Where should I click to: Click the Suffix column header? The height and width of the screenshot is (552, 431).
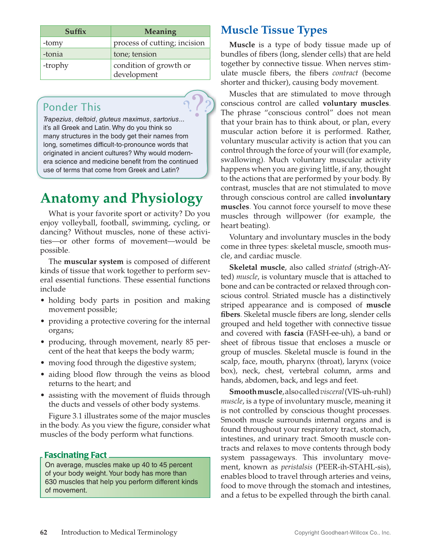click(x=75, y=31)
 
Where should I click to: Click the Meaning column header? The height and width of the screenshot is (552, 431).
click(x=160, y=31)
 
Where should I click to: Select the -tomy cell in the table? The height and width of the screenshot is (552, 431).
click(x=75, y=43)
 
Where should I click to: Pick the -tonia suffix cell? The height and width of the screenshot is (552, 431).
click(x=75, y=54)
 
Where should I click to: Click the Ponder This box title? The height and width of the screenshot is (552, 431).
click(x=72, y=107)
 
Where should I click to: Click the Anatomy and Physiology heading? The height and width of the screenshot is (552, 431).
click(x=122, y=198)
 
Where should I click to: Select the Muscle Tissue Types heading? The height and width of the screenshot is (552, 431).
click(x=274, y=30)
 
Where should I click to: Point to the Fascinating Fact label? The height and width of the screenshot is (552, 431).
click(x=75, y=455)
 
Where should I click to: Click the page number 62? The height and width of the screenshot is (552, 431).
click(x=44, y=533)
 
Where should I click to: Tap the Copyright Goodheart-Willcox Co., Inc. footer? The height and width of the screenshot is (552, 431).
click(x=342, y=533)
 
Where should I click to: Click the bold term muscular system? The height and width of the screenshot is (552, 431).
click(x=94, y=262)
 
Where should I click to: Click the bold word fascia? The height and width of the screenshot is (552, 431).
click(x=294, y=333)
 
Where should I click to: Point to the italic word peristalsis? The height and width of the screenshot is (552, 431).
click(x=297, y=467)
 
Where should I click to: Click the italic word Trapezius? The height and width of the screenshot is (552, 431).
click(x=57, y=119)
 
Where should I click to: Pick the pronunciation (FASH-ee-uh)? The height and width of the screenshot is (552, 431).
click(x=331, y=333)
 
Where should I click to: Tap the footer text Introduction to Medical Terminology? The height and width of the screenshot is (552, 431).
click(x=119, y=533)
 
